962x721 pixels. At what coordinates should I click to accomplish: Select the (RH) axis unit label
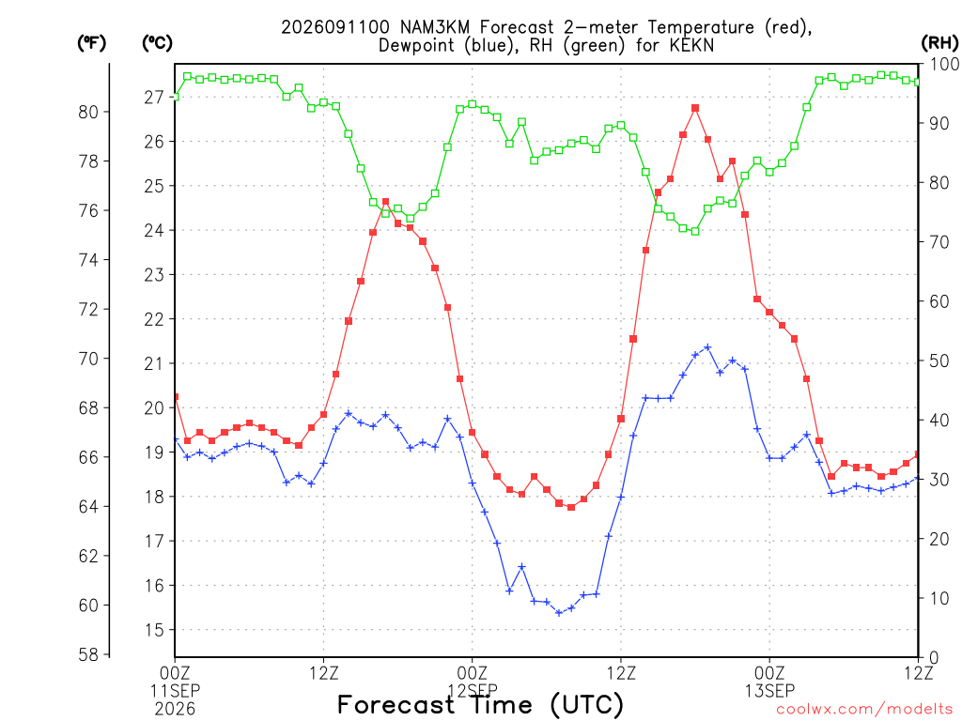(x=939, y=42)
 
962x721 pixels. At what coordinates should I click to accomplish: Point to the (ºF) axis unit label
(x=91, y=43)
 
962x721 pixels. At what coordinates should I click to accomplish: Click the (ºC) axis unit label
(x=157, y=43)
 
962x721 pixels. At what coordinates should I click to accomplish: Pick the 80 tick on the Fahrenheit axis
(x=88, y=113)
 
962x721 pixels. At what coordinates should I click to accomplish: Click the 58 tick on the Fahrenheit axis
(x=88, y=654)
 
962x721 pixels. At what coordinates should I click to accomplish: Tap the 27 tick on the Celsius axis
(x=154, y=97)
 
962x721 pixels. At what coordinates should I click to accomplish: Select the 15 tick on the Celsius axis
(x=154, y=630)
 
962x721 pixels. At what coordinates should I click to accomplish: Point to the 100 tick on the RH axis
(x=944, y=64)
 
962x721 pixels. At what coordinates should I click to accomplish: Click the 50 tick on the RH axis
(x=939, y=360)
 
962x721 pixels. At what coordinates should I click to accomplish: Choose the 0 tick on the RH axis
(x=934, y=657)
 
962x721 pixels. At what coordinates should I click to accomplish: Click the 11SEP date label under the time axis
(x=175, y=691)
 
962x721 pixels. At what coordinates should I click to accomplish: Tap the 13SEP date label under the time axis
(x=769, y=691)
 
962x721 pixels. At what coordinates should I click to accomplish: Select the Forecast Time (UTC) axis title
(x=480, y=704)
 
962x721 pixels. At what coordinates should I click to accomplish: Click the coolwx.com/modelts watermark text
(x=864, y=710)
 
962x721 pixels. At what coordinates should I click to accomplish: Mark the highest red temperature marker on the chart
(x=695, y=108)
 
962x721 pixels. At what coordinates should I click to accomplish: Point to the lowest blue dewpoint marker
(x=559, y=612)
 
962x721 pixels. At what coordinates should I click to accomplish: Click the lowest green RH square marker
(x=695, y=231)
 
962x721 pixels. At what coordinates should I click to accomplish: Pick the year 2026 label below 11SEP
(x=175, y=710)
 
